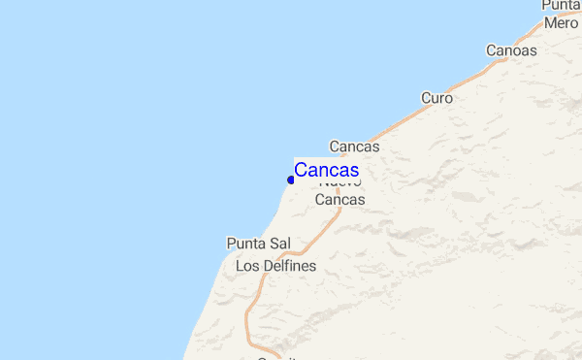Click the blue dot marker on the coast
coord(291,180)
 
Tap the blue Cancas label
coord(327,170)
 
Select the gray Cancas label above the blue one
coord(354,147)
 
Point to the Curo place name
coord(436,98)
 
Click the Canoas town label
coord(511,50)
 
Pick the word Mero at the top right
coord(561,22)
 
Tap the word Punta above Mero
coord(562,6)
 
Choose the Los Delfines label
coord(275,265)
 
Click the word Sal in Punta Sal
coord(280,243)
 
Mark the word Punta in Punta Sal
coord(246,243)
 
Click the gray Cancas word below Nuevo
coord(340,199)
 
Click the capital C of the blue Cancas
coord(301,170)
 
